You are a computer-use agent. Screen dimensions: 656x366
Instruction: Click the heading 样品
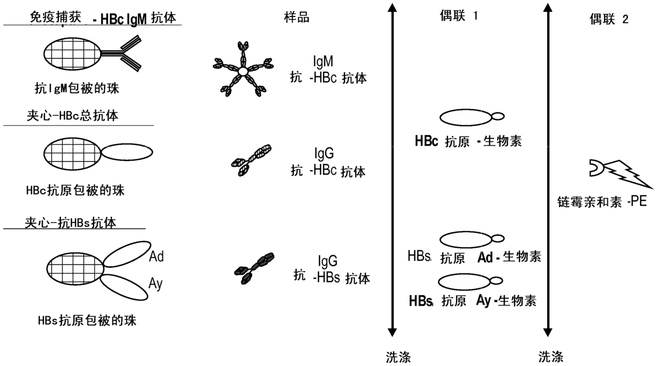point(296,17)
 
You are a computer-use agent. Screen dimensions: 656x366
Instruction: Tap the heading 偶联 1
point(459,16)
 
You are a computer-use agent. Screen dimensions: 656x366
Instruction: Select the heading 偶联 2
point(609,20)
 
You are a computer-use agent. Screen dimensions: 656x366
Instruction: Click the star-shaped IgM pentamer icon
point(243,70)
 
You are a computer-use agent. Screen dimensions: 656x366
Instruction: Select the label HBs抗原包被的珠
point(83,319)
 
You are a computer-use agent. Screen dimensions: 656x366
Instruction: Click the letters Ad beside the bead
point(156,257)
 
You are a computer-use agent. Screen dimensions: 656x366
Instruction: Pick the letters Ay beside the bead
point(156,284)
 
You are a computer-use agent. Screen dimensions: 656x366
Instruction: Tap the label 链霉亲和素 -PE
point(602,202)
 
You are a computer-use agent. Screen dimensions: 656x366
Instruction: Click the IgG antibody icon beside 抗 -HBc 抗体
point(251,160)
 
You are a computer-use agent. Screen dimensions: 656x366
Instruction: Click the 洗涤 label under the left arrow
point(398,356)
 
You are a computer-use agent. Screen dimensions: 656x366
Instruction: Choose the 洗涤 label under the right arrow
point(551,356)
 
